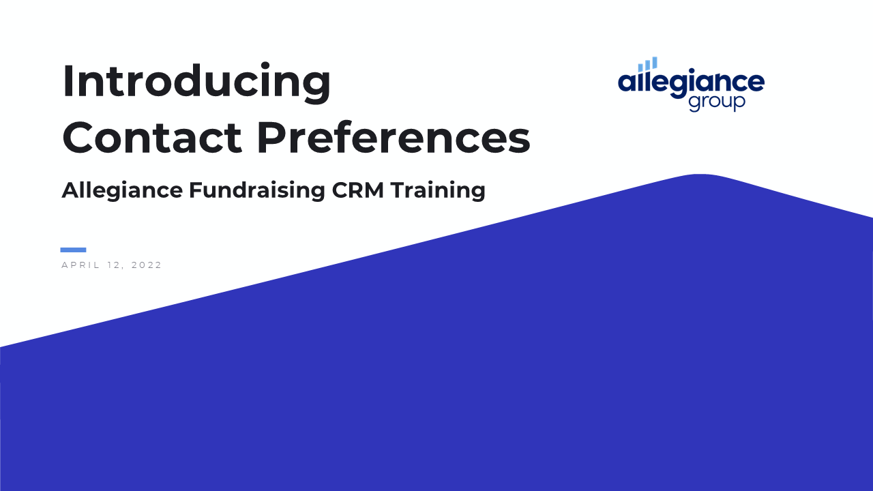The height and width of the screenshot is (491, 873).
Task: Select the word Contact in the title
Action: tap(152, 138)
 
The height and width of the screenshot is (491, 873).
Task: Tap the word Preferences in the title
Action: tap(394, 138)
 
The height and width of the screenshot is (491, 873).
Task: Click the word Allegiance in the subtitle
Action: tap(122, 191)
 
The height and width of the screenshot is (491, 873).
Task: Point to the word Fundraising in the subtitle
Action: tap(257, 191)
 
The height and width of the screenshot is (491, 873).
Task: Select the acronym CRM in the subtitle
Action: tap(358, 190)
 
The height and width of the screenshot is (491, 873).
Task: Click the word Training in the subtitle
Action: tap(438, 191)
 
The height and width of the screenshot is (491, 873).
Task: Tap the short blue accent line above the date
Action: tap(73, 250)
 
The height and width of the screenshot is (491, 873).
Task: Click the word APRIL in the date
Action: tap(80, 265)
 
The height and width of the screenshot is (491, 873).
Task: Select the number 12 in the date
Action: tap(114, 265)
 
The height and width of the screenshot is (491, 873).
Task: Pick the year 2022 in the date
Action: tap(146, 265)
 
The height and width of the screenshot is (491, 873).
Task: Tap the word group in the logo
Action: tap(717, 103)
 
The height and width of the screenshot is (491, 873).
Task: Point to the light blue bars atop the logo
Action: tap(648, 64)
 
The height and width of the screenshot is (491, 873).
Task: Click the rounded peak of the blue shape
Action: tap(700, 175)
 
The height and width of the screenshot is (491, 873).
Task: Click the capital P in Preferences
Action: tap(271, 138)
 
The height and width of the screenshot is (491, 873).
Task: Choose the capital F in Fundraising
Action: tap(196, 190)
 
